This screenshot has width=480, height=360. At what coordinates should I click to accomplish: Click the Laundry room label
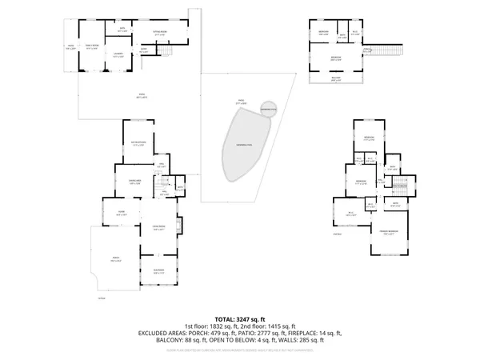(118, 57)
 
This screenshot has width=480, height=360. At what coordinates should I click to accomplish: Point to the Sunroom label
(158, 271)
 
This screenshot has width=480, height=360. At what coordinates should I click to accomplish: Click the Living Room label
(158, 229)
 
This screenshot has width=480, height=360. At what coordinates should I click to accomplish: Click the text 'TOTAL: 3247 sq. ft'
(239, 319)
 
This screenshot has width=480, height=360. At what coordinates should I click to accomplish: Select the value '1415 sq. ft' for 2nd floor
(280, 326)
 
